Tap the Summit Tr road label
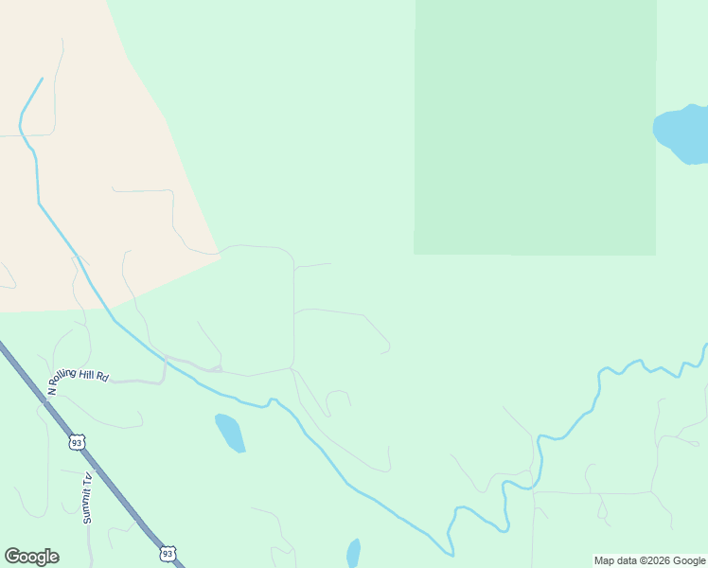pos(86,498)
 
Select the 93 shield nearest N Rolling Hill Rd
pos(77,442)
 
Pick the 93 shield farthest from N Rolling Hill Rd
pos(168,553)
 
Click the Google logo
pos(31,557)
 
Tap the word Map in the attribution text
pos(604,560)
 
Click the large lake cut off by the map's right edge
pos(682,134)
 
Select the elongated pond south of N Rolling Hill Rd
pos(230,433)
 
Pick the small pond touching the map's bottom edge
pos(353,553)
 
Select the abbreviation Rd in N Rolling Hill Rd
pos(103,378)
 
